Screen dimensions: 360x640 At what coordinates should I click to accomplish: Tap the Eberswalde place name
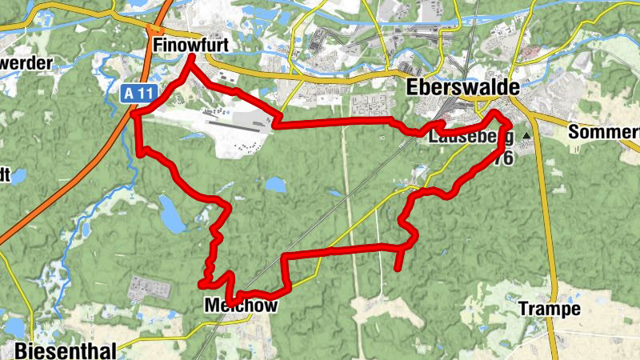coord(462,86)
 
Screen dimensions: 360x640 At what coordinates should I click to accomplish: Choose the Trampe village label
coord(548,308)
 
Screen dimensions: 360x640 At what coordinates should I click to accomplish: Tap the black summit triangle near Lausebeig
coord(526,137)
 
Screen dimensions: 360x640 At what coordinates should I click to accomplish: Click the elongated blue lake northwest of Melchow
coord(171,214)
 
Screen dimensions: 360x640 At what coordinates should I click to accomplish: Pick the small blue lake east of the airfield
coord(275,186)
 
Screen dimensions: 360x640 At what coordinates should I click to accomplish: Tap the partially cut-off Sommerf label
coord(603,133)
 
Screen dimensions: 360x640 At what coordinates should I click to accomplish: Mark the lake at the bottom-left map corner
coord(14,327)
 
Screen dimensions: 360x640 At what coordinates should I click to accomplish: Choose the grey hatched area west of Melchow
coord(148,288)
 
